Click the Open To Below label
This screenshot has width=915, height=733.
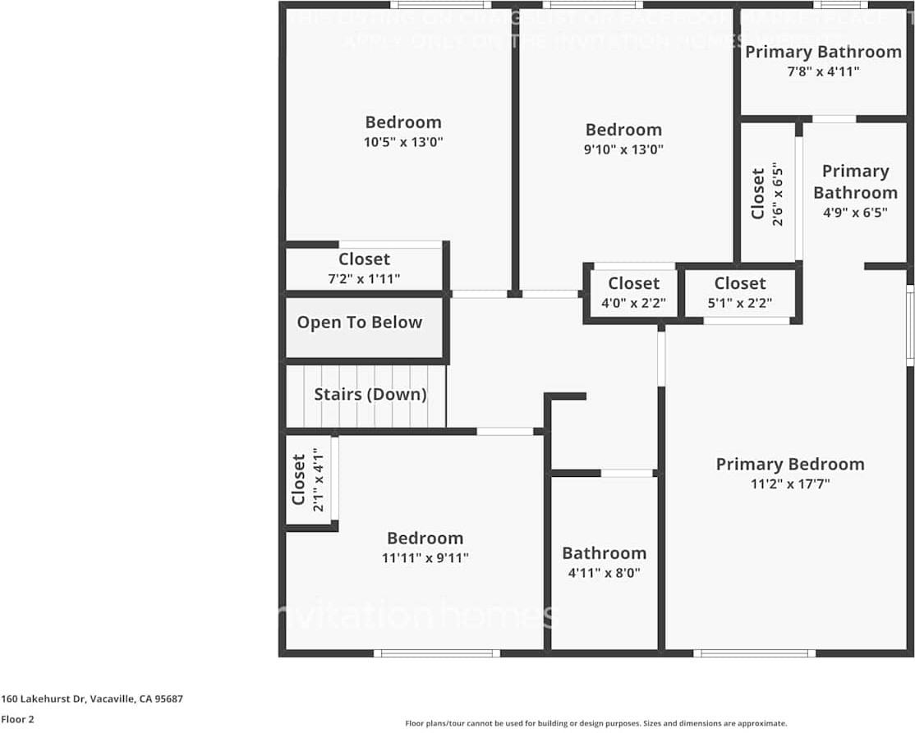(x=359, y=323)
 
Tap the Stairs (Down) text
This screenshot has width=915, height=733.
(x=370, y=394)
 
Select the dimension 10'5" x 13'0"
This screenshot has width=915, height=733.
(x=403, y=142)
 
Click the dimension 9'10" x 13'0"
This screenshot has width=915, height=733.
(x=623, y=149)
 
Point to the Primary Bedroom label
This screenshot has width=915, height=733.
(x=789, y=465)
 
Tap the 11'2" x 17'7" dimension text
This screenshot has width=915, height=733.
(x=789, y=484)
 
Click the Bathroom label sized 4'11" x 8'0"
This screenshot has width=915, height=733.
(x=604, y=553)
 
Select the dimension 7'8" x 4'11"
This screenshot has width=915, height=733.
(x=823, y=71)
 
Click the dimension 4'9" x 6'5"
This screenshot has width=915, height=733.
(x=855, y=212)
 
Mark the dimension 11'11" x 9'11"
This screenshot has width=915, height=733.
(x=425, y=558)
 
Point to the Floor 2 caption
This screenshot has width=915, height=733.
(x=17, y=720)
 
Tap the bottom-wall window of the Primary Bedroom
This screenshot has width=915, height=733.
(x=754, y=653)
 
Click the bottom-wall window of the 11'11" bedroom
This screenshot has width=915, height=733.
(x=436, y=653)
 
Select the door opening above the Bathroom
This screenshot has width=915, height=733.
(x=626, y=473)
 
